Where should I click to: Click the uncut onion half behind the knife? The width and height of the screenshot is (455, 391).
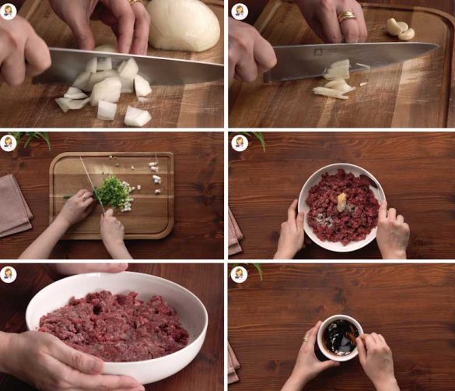[x=184, y=25]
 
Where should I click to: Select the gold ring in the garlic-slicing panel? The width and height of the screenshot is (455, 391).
[x=346, y=16]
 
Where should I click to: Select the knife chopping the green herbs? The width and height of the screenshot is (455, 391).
[x=91, y=184]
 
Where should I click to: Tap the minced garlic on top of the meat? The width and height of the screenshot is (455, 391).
[x=341, y=202]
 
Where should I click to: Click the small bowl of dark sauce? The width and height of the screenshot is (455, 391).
[x=340, y=337]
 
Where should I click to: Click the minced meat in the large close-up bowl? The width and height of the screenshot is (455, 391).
[x=114, y=323]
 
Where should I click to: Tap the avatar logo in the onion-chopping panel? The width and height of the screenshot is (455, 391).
[x=9, y=10]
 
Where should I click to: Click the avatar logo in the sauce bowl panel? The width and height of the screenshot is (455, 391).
[x=240, y=273]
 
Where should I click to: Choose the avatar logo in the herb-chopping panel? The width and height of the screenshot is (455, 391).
[x=9, y=142]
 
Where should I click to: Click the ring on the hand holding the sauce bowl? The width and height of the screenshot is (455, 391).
[x=306, y=339]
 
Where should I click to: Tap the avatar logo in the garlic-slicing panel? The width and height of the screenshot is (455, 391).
[x=240, y=10]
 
